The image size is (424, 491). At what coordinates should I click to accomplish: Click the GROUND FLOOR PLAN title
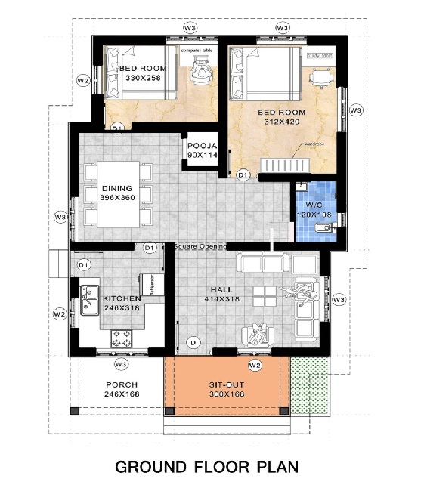coord(206,467)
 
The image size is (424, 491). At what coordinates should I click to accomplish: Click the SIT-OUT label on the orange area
coord(227,384)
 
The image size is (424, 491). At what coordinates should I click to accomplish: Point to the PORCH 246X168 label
coord(121,389)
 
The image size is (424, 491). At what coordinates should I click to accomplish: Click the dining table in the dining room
coord(116,193)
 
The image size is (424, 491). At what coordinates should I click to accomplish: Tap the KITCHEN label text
coord(122,299)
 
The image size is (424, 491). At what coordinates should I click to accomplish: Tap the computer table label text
coord(197,50)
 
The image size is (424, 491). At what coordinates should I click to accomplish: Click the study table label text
coord(320,55)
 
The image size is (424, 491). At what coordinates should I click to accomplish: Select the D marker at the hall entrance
coord(193,343)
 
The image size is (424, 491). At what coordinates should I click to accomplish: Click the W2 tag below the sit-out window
coord(255,366)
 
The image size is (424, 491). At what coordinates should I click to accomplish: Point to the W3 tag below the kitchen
coord(120,365)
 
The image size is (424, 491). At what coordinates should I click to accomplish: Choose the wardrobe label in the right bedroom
coord(315,143)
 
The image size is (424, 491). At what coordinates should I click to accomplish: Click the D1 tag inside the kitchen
coord(84,264)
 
